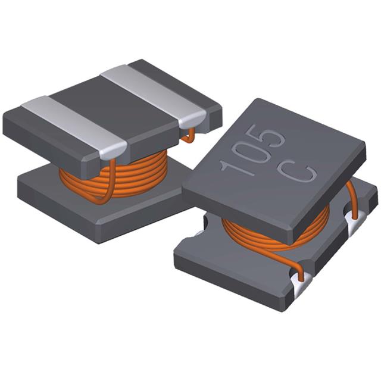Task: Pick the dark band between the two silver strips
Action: pos(107,107)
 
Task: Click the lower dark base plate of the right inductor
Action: pos(238,274)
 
